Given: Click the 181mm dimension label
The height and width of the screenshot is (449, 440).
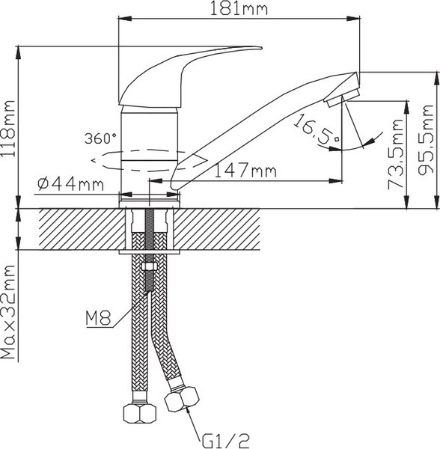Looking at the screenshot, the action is (x=239, y=9).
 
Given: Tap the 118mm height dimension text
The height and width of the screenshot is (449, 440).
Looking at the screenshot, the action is (x=8, y=128).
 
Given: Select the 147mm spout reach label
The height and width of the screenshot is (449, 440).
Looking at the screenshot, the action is (x=245, y=171).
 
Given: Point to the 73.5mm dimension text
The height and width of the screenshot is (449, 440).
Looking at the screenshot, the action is (x=396, y=154).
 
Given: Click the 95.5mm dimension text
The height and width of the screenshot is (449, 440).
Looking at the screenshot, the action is (x=426, y=140).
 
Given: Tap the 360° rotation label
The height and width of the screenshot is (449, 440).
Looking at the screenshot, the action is (x=100, y=138).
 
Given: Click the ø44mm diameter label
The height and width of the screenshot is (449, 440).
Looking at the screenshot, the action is (x=70, y=184).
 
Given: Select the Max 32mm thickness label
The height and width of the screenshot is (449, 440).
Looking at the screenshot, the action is (x=8, y=311).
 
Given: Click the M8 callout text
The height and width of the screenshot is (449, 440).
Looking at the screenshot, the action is (x=98, y=319).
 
